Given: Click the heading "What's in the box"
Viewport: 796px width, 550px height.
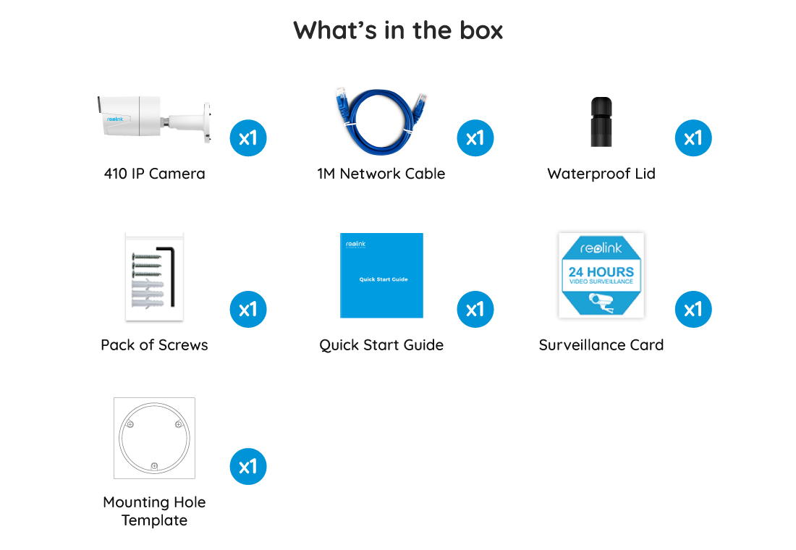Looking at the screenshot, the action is click(x=398, y=30).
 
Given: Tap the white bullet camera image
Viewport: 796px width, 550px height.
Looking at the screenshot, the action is click(x=154, y=119).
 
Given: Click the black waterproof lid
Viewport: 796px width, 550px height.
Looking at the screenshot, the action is click(x=601, y=122).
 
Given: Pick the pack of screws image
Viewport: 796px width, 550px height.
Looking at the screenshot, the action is click(x=154, y=277).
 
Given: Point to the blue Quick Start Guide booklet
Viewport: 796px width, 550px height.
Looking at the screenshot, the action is click(x=381, y=275).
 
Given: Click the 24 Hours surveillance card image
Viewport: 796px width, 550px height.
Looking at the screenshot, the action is click(x=601, y=275).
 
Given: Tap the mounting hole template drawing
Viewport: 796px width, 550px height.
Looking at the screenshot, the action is click(x=154, y=438).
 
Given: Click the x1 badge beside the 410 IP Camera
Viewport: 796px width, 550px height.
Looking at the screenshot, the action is click(x=248, y=138).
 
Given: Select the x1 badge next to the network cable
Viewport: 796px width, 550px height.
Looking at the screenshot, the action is click(x=475, y=138).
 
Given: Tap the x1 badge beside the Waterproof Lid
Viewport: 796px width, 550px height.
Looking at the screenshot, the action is click(x=693, y=138).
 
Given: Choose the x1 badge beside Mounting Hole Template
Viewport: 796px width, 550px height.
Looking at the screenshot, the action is click(x=248, y=467).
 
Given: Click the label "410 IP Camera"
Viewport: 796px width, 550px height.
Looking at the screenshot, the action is click(x=155, y=174).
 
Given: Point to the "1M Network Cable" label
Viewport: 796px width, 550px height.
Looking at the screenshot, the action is click(x=381, y=174).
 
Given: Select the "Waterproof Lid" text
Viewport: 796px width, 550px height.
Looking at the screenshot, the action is click(x=601, y=174).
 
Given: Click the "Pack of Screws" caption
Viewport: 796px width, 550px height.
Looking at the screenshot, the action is click(x=154, y=345).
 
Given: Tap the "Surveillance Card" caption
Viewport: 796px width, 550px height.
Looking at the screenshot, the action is click(x=601, y=345).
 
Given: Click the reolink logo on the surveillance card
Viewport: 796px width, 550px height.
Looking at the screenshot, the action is click(x=601, y=247).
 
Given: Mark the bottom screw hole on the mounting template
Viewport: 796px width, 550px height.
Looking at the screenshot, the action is click(x=154, y=466).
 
